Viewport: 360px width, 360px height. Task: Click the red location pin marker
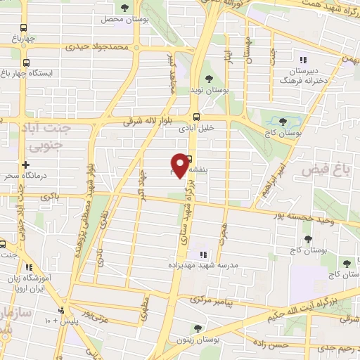[x=189, y=165]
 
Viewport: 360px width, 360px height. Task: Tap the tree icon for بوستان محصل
[x=124, y=8]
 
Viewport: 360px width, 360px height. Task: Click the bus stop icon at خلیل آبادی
[x=195, y=117]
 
